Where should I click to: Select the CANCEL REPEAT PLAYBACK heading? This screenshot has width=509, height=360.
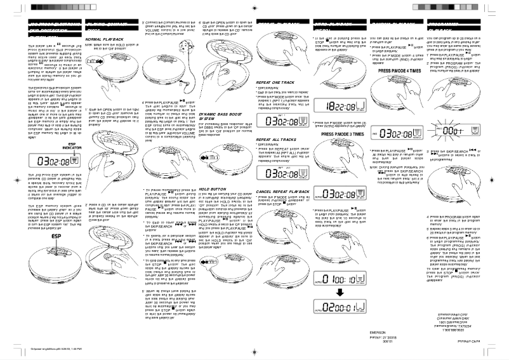283,192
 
